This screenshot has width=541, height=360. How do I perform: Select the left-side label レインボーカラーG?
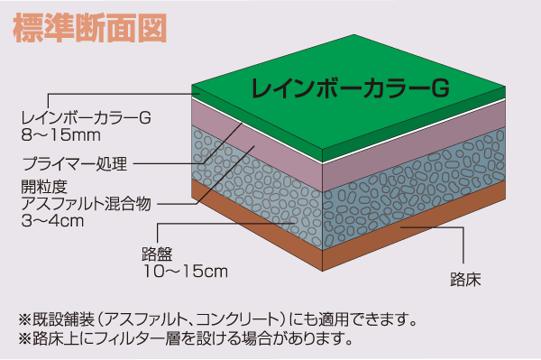pos(85,116)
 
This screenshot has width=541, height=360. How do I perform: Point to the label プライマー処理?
pos(76,163)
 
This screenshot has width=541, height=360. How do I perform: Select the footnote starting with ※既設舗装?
pos(216,318)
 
